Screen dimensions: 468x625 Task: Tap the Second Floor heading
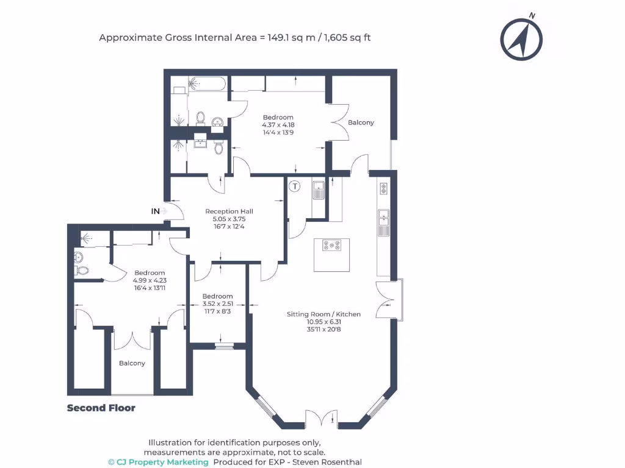coord(101,408)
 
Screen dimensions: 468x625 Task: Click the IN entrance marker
coord(156,211)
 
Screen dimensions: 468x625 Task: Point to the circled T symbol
coord(295,186)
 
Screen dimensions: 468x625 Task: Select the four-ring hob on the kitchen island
coord(332,246)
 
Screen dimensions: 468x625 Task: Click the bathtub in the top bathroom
coord(208,83)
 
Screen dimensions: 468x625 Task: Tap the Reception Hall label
coord(229,211)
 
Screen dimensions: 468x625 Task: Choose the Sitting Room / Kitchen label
coord(323,314)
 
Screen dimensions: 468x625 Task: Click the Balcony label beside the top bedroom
coord(361,122)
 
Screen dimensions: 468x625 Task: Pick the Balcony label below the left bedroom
coord(132,363)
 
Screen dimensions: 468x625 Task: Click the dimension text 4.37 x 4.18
coord(278,125)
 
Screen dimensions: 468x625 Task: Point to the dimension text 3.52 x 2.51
coord(218,303)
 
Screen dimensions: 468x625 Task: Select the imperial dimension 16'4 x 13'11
coord(150,288)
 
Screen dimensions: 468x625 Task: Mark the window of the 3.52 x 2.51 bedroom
coord(224,346)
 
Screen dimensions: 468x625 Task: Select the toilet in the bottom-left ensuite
coord(81,270)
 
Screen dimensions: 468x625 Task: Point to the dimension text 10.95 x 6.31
coord(323,322)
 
